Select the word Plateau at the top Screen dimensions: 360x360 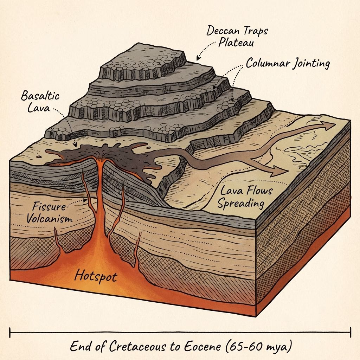(x=236, y=43)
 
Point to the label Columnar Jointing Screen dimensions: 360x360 (x=288, y=63)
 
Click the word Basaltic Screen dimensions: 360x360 (x=40, y=96)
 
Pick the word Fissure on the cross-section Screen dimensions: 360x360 (x=49, y=206)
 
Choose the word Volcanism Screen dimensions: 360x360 (x=50, y=218)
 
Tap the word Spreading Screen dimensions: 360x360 (x=241, y=203)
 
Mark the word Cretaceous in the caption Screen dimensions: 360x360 (x=137, y=346)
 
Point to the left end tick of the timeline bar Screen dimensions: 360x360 (x=10, y=333)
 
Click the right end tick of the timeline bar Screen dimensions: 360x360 (x=351, y=333)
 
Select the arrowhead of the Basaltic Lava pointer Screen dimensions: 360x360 (x=75, y=145)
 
